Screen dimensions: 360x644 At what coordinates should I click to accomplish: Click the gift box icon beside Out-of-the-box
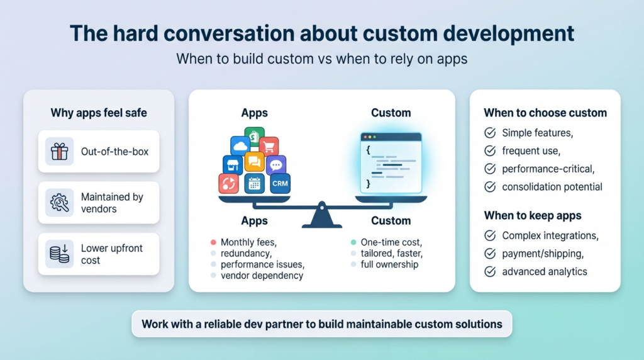pyautogui.click(x=60, y=151)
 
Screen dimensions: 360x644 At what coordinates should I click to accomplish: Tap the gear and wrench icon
pyautogui.click(x=60, y=203)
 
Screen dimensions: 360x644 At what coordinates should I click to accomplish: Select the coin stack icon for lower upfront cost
pyautogui.click(x=60, y=254)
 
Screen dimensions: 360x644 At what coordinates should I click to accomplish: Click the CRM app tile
pyautogui.click(x=279, y=183)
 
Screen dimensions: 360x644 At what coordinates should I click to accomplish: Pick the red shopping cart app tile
pyautogui.click(x=269, y=147)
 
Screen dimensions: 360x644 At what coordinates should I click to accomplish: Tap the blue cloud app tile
pyautogui.click(x=240, y=147)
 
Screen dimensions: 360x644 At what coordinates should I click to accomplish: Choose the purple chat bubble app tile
pyautogui.click(x=276, y=165)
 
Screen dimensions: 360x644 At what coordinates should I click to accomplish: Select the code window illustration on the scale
pyautogui.click(x=391, y=163)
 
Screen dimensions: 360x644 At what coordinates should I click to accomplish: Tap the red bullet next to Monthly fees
pyautogui.click(x=214, y=242)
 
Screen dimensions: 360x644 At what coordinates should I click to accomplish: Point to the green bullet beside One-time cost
pyautogui.click(x=353, y=242)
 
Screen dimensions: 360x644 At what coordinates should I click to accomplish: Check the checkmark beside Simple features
pyautogui.click(x=489, y=133)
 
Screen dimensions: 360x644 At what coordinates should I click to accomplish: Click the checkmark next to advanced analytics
pyautogui.click(x=489, y=271)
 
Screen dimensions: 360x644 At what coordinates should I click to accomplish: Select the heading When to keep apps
pyautogui.click(x=532, y=216)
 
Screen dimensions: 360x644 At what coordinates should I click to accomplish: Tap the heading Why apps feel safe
pyautogui.click(x=99, y=113)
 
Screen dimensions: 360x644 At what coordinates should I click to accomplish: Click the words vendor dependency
pyautogui.click(x=262, y=276)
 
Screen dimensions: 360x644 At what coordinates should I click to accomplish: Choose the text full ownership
pyautogui.click(x=390, y=264)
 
